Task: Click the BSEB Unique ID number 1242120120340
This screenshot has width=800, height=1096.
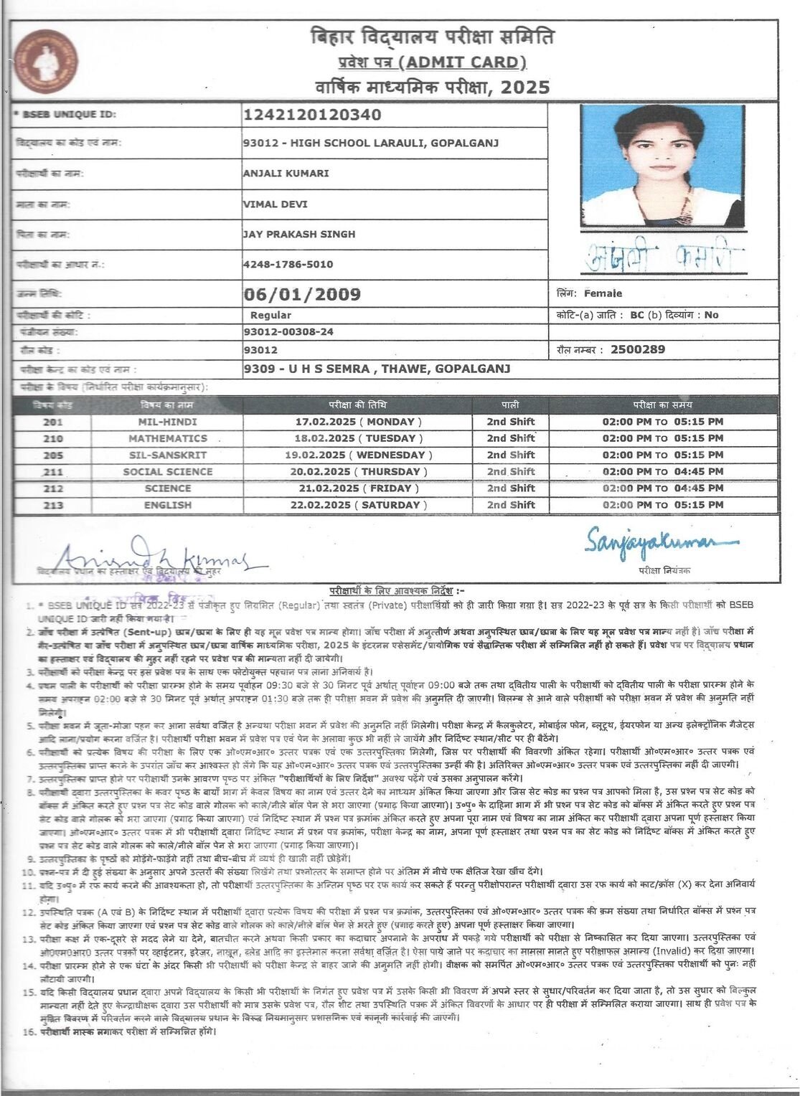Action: pyautogui.click(x=312, y=115)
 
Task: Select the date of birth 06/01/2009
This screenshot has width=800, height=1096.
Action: pyautogui.click(x=302, y=294)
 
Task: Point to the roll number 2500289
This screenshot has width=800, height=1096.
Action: pyautogui.click(x=637, y=349)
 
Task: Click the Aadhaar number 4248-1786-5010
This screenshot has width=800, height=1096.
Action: pyautogui.click(x=288, y=264)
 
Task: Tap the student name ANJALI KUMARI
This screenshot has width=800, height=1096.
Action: pyautogui.click(x=286, y=173)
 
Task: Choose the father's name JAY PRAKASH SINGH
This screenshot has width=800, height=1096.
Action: pyautogui.click(x=298, y=234)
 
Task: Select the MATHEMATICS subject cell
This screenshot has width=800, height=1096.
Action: pyautogui.click(x=168, y=438)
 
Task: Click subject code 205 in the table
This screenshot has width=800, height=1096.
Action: pyautogui.click(x=53, y=455)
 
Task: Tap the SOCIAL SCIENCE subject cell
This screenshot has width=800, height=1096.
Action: pyautogui.click(x=168, y=472)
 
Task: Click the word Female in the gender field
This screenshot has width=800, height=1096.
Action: pyautogui.click(x=603, y=293)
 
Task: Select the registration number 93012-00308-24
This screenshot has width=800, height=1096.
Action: pyautogui.click(x=288, y=332)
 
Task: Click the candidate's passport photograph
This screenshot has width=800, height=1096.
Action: pyautogui.click(x=662, y=166)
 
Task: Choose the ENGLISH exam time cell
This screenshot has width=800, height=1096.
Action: pyautogui.click(x=662, y=505)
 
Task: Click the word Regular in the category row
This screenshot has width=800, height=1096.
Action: pyautogui.click(x=270, y=315)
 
